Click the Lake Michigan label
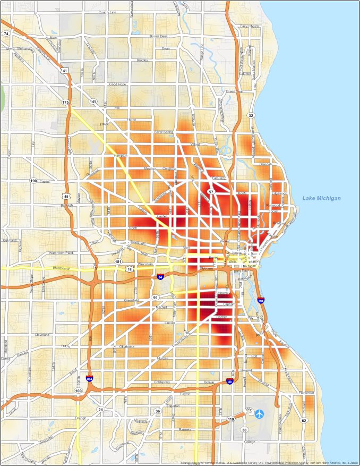[x=321, y=198]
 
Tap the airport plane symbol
[x=259, y=413]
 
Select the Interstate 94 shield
[x=160, y=277]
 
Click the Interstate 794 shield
[x=261, y=301]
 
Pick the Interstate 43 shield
[x=228, y=380]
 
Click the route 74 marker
[x=6, y=33]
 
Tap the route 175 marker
[x=65, y=101]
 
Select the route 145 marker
[x=93, y=101]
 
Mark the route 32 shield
[x=251, y=115]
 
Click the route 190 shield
[x=33, y=181]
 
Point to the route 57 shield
[x=211, y=192]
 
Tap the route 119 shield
[x=231, y=419]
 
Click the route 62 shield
[x=304, y=420]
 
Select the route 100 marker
[x=79, y=391]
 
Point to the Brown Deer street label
[x=158, y=36]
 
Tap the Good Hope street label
[x=117, y=84]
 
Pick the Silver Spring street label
[x=164, y=131]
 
